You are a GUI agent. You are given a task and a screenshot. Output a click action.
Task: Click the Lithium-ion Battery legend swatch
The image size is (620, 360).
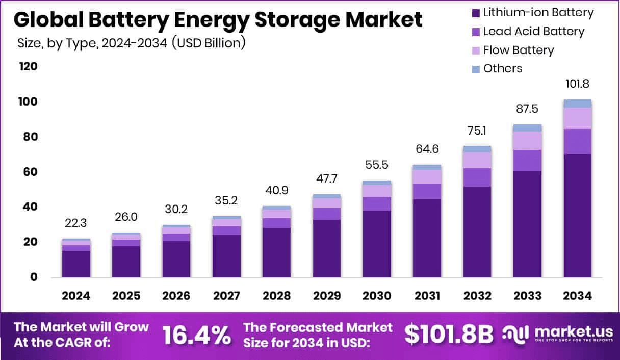(x=476, y=13)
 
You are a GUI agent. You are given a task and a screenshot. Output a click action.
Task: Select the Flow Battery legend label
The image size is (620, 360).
(x=518, y=50)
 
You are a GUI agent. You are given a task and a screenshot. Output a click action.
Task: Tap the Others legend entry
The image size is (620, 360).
(x=503, y=68)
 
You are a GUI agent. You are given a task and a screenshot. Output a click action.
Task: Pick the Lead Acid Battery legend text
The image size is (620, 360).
(x=533, y=31)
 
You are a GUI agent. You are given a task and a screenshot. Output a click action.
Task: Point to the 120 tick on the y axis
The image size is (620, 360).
(x=29, y=67)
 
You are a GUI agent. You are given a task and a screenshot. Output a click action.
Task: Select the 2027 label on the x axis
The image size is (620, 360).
(x=226, y=296)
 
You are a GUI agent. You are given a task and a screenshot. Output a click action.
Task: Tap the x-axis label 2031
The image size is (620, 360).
(x=427, y=296)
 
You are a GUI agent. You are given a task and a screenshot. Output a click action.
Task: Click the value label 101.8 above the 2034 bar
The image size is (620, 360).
(x=577, y=84)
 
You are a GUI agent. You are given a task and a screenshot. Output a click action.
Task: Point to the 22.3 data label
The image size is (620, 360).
(x=76, y=223)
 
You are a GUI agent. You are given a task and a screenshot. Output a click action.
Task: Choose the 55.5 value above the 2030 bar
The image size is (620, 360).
(x=377, y=165)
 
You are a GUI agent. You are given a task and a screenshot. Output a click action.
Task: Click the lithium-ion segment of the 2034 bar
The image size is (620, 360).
(x=577, y=215)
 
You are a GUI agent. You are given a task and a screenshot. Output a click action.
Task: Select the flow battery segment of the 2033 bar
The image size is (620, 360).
(x=527, y=141)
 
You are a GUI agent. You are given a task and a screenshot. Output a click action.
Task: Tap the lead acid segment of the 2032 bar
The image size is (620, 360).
(x=477, y=177)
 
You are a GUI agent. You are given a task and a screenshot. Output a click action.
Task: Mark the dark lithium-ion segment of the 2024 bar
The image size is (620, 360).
(x=76, y=264)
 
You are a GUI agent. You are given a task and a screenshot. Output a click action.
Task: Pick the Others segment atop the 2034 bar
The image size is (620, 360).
(x=577, y=104)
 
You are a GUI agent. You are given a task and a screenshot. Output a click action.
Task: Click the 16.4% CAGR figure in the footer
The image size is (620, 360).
(x=196, y=335)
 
